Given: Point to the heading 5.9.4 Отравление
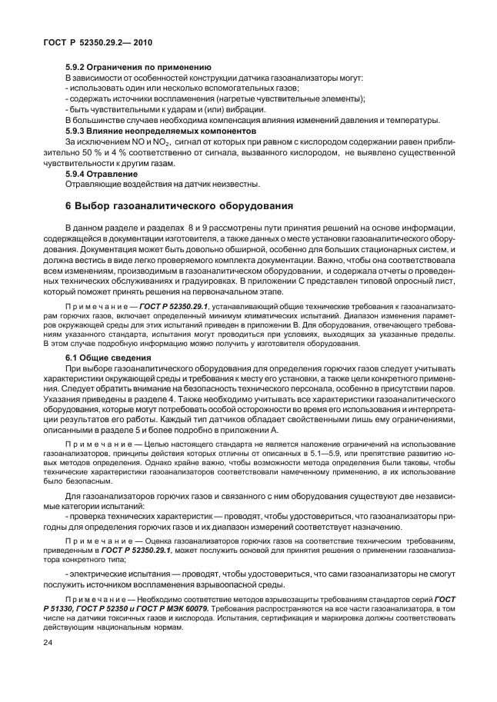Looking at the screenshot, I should click(106, 174).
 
